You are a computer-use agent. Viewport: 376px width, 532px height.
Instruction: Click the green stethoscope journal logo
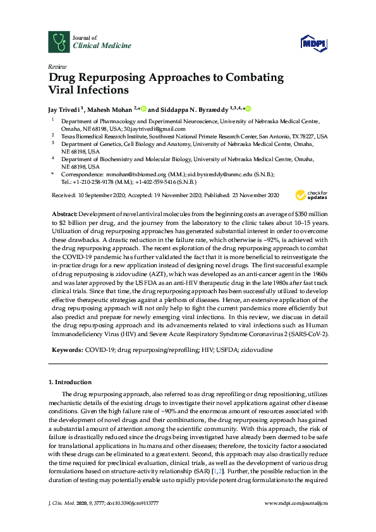coord(59,42)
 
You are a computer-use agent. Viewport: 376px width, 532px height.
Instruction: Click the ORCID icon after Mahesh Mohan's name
coord(144,108)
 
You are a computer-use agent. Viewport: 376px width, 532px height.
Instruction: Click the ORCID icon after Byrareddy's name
coord(248,108)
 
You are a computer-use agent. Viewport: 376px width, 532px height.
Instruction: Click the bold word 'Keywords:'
coord(64,349)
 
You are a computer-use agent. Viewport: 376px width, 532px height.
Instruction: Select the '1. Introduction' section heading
coord(70,382)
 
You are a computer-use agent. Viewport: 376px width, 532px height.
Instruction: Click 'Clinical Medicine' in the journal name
coord(94,45)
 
